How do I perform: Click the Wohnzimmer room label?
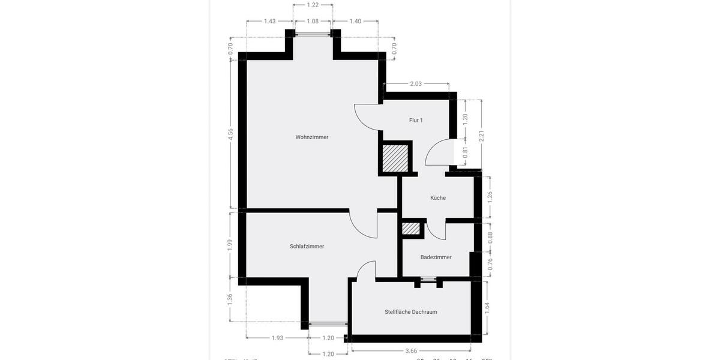pos(312,137)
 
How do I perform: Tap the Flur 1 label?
pos(416,121)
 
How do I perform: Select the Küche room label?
pos(438,198)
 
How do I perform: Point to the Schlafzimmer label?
pos(307,247)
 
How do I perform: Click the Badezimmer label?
pos(436,257)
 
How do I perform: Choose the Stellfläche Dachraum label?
pos(411,312)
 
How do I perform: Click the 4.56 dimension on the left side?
pos(230,134)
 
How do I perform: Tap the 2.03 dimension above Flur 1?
pos(416,84)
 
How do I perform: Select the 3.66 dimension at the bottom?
pos(411,351)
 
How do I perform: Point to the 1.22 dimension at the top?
pos(313,5)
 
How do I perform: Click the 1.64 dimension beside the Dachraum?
pos(487,308)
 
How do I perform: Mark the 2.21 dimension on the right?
pos(481,136)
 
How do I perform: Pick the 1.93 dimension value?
pos(277,338)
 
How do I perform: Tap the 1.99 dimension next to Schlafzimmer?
pos(230,245)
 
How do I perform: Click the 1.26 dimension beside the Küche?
pos(490,197)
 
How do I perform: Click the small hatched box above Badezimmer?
pos(411,229)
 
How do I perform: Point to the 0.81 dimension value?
pos(465,152)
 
